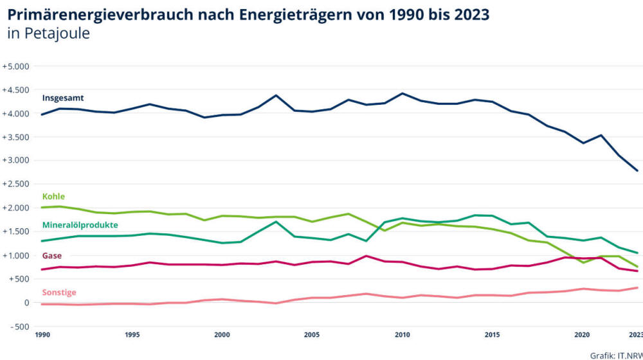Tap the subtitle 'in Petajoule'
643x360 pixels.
[49, 34]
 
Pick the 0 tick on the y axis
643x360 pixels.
[26, 303]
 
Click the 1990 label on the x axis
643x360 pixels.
[42, 335]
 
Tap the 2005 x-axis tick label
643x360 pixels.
[312, 335]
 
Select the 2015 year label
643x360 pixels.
[492, 335]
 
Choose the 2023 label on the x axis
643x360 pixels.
[635, 335]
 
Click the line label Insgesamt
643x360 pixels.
[63, 98]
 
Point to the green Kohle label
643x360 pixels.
[53, 197]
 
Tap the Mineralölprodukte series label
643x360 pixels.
[80, 226]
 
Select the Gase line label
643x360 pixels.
[52, 256]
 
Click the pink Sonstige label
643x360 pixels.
[59, 292]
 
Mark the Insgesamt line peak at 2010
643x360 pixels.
[402, 93]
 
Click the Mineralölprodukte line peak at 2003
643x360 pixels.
[276, 222]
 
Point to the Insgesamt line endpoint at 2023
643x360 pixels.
[637, 170]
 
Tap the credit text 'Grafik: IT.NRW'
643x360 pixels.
[616, 354]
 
